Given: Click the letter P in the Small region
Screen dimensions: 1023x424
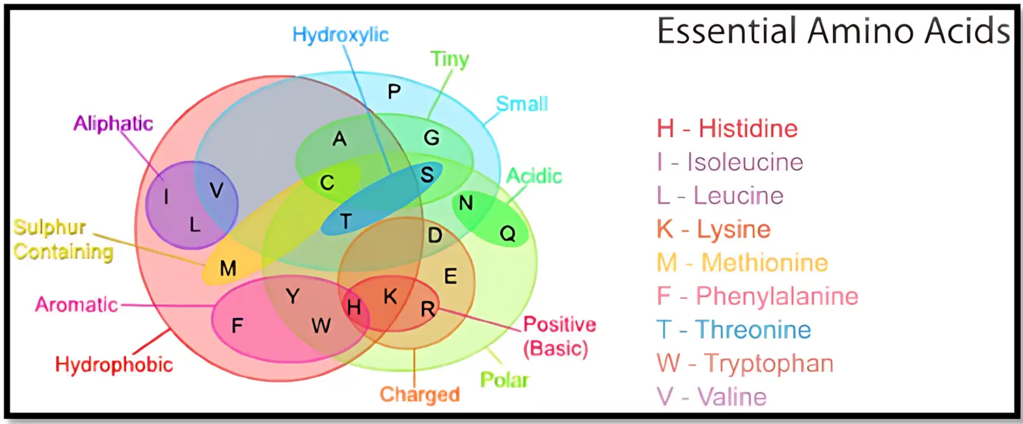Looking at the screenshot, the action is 394,91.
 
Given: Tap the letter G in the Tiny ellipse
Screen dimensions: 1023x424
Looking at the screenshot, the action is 432,137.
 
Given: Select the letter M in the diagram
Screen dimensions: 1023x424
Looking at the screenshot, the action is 228,268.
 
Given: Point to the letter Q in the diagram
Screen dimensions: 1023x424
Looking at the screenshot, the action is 508,234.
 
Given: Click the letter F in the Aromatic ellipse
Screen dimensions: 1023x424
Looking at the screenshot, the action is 237,326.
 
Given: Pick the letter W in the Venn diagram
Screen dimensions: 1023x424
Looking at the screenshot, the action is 321,326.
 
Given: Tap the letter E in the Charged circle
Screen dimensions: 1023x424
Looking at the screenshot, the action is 451,276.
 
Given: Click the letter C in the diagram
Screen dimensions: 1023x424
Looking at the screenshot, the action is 327,183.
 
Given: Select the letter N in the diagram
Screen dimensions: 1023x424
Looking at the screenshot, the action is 466,203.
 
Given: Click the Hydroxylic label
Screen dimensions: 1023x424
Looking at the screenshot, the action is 341,35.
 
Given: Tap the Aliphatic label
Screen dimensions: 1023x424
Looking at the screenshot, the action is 113,124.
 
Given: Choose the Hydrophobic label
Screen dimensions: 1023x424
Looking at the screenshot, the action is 114,364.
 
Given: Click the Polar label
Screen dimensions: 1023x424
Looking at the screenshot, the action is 505,380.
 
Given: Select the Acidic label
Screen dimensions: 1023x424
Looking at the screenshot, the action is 534,176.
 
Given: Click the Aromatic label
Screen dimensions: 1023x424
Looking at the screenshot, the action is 77,305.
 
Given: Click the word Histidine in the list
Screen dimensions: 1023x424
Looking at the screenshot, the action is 748,128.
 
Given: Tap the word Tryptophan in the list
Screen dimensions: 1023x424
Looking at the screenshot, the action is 769,364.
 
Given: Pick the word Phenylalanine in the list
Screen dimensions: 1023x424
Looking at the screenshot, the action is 777,296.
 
